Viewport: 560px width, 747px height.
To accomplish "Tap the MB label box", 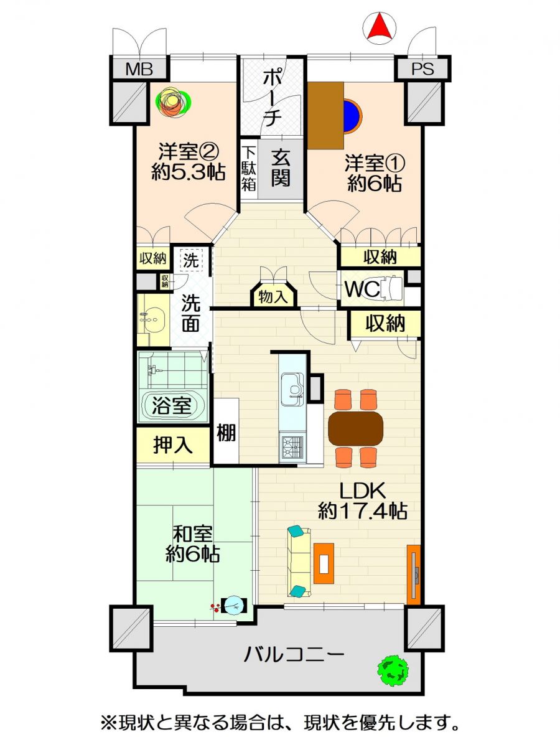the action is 139,69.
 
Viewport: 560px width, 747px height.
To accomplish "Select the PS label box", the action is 422,69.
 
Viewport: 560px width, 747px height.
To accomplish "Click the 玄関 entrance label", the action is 281,169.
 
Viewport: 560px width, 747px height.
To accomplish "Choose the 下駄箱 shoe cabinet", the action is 249,169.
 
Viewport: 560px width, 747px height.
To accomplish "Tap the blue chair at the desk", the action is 353,115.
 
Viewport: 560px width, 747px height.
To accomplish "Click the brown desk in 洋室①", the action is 325,116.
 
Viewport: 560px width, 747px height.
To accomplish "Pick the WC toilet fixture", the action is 392,289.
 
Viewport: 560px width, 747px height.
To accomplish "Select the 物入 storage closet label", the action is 274,297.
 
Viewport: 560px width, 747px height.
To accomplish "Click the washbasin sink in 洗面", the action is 153,319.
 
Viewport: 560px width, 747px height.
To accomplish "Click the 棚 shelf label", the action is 226,433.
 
